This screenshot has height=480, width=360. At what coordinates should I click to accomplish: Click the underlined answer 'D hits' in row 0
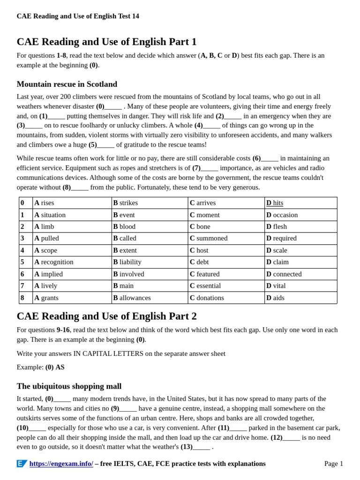coord(275,203)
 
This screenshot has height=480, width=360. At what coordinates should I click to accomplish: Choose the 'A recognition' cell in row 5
coord(54,262)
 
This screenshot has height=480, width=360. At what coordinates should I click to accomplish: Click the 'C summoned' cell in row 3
coord(209,238)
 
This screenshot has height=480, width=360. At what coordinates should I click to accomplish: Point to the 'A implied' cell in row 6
coord(48,274)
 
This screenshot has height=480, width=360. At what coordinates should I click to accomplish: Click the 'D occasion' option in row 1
coord(282,215)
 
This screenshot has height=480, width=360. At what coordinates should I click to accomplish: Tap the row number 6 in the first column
coord(22,274)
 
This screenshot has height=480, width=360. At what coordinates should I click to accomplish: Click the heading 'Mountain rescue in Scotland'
coord(67,84)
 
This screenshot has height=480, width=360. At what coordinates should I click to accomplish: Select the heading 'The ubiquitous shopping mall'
coord(69,386)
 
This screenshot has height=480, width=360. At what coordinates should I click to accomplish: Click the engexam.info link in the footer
coord(61,464)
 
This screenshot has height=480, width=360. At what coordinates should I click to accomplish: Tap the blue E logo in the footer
coord(22,464)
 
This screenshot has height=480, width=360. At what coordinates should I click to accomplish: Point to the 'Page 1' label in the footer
coord(333,464)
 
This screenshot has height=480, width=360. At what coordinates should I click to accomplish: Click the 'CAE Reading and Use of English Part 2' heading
coord(106,316)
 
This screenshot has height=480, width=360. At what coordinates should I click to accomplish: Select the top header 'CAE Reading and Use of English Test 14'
coord(78,16)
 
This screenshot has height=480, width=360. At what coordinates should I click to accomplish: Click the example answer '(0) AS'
coord(55,367)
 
